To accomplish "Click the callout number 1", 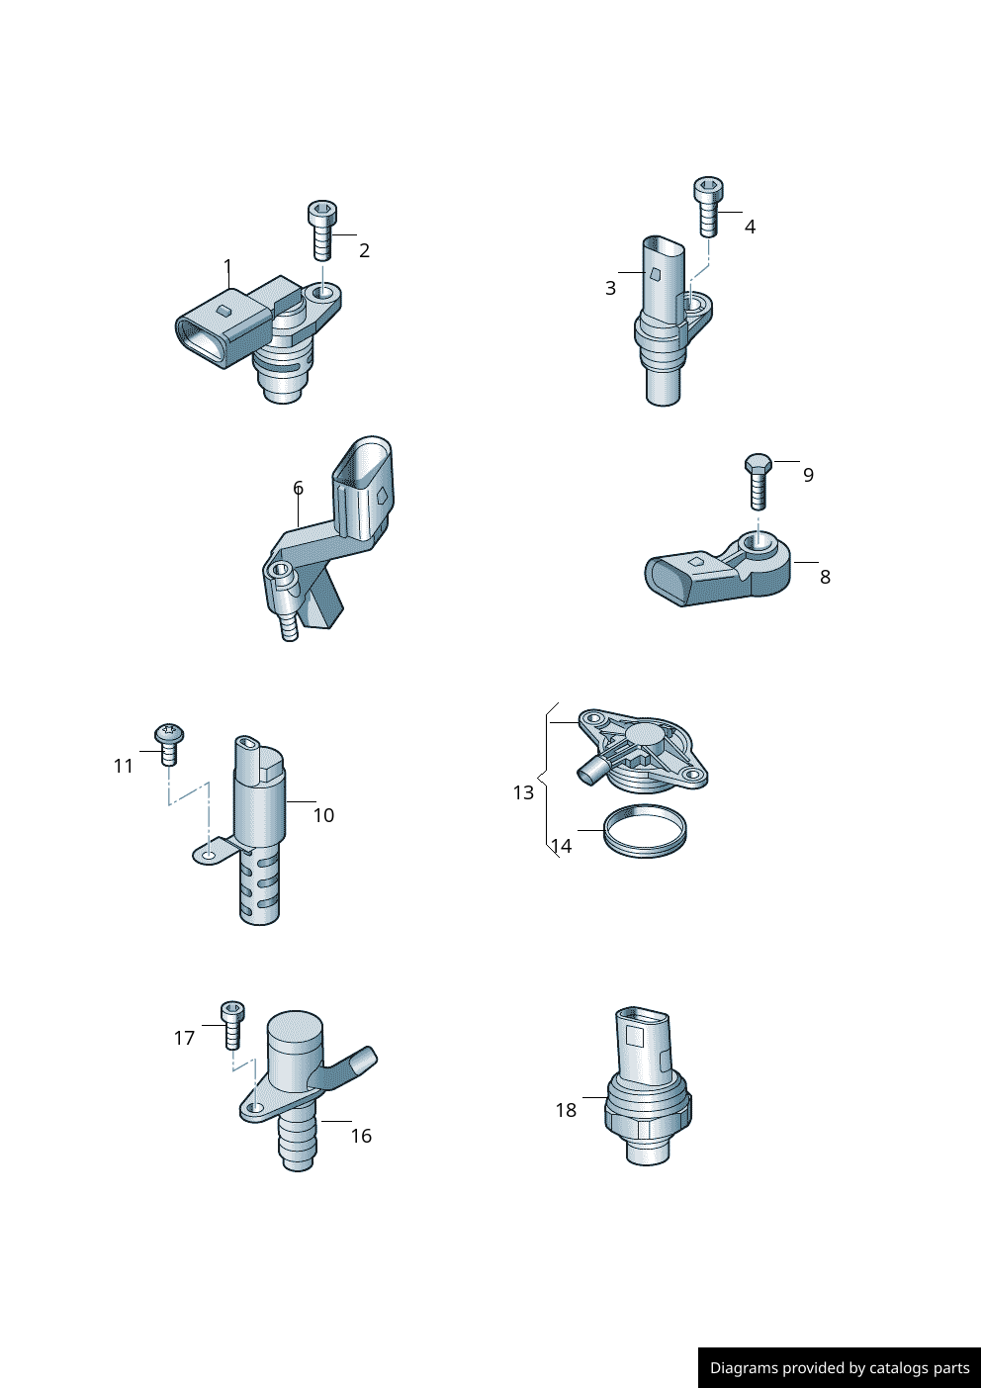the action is (227, 266).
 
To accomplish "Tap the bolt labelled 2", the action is (320, 230).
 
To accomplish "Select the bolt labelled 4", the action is (708, 207).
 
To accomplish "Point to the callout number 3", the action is (610, 288).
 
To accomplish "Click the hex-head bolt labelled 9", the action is (758, 481).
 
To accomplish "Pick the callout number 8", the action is (825, 577).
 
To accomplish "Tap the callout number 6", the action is (299, 489).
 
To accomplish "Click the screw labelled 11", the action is (168, 744).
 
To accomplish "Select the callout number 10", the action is (323, 815).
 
